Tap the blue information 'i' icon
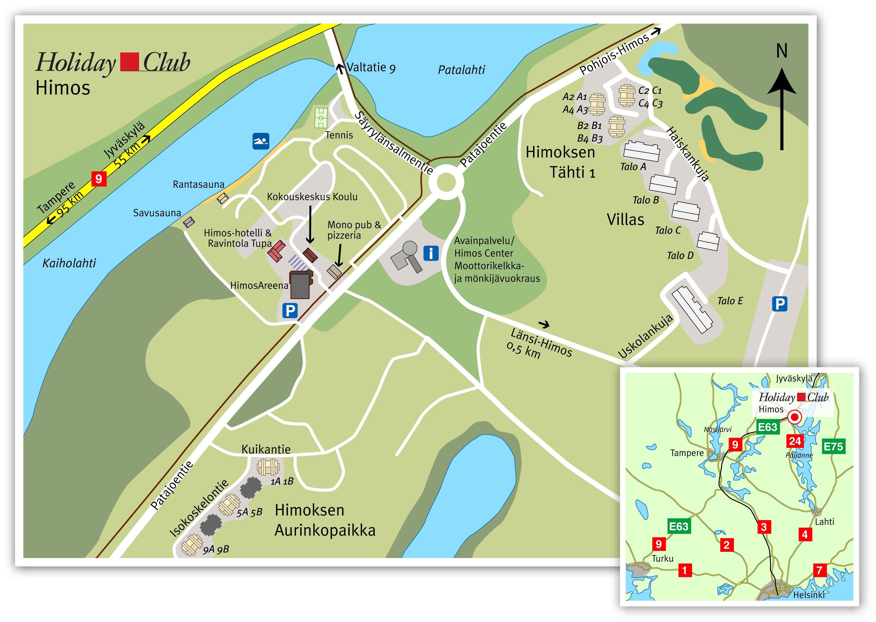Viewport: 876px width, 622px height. [x=431, y=253]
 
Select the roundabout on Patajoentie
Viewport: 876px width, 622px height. [x=446, y=183]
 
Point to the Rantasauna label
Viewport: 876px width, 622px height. [x=198, y=185]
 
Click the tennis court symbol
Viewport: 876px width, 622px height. [x=321, y=118]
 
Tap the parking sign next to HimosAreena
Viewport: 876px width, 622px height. [x=290, y=310]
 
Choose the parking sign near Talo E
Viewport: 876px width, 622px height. [x=779, y=304]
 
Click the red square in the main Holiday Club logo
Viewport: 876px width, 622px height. [x=130, y=62]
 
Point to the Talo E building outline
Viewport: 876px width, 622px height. [x=692, y=309]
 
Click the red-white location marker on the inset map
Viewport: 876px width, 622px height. [x=795, y=417]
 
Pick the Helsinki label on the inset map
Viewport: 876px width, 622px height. [x=809, y=594]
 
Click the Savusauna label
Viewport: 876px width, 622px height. [x=157, y=213]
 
